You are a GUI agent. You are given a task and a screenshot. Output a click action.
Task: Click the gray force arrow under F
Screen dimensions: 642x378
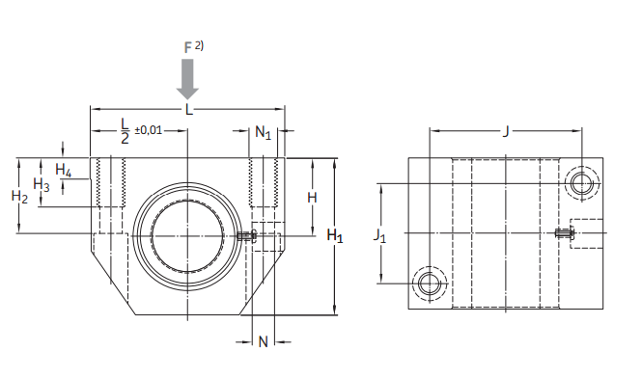187,79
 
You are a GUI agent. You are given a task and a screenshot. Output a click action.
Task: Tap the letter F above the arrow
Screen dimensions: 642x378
188,48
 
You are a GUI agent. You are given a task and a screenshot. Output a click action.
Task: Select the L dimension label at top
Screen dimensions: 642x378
189,110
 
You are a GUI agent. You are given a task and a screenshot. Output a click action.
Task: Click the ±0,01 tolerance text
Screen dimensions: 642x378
149,130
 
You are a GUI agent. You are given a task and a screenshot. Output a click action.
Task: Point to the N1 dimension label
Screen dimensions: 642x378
263,132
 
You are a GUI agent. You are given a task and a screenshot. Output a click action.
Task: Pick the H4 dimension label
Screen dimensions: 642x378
64,170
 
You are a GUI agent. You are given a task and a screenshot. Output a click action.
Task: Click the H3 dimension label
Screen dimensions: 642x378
42,184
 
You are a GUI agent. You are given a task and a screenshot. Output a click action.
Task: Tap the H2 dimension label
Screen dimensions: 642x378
19,197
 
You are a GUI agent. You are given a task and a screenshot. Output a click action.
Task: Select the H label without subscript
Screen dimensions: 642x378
312,198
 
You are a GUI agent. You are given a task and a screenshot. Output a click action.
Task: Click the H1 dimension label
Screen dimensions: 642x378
335,236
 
